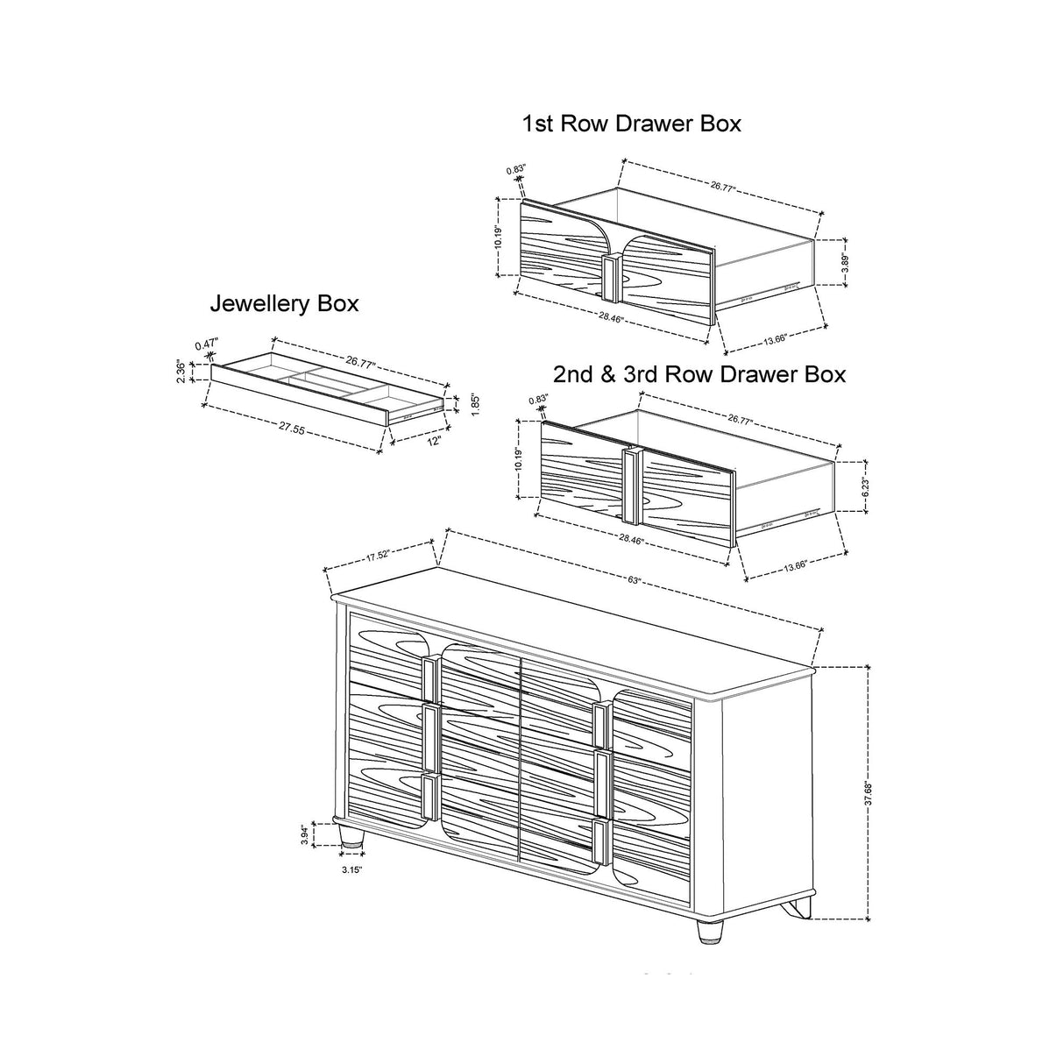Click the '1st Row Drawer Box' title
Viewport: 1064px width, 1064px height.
(x=631, y=124)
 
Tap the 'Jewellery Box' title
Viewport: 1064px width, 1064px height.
(x=284, y=304)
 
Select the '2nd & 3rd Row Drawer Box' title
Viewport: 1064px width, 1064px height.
(x=699, y=374)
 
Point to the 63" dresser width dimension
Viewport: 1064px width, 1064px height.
(x=634, y=580)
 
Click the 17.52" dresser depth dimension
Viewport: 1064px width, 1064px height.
(x=378, y=554)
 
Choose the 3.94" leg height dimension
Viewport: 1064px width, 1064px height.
(x=304, y=835)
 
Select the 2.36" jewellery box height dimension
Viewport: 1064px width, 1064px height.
(x=180, y=370)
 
